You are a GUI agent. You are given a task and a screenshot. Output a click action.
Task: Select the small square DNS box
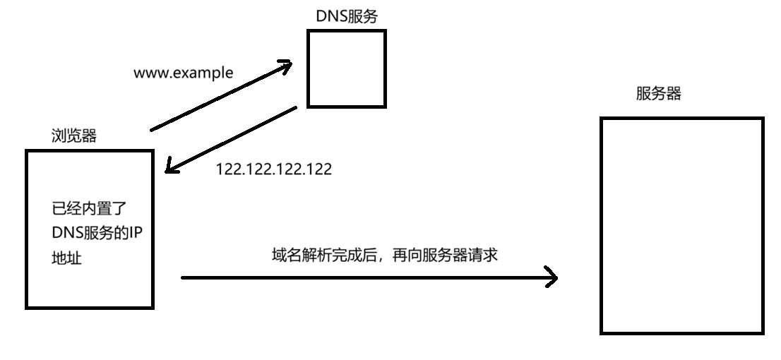tap(347, 69)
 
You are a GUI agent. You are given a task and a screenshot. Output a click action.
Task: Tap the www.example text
tap(183, 73)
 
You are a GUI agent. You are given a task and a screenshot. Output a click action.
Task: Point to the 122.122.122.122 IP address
tap(273, 169)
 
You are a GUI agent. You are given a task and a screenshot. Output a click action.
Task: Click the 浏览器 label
tap(74, 136)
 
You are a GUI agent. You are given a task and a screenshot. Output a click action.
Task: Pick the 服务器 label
tap(658, 94)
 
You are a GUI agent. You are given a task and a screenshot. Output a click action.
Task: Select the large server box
tap(682, 225)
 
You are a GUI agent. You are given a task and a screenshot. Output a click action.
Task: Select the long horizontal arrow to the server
tap(367, 277)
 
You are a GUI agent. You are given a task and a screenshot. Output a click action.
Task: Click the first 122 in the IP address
tap(227, 169)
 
